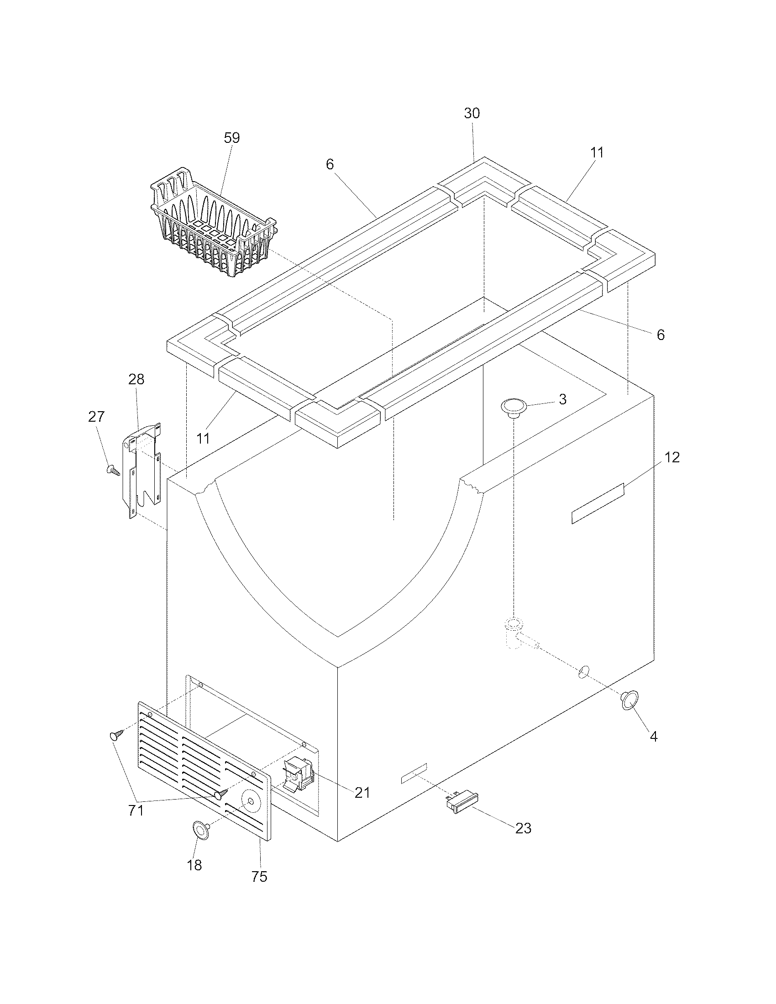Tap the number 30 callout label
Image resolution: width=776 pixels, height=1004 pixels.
point(472,114)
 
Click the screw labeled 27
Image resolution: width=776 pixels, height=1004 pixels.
point(112,470)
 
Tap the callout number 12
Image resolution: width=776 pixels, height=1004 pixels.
point(672,457)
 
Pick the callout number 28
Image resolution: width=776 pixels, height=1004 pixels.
point(136,379)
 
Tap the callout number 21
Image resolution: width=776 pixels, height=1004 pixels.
point(362,792)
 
